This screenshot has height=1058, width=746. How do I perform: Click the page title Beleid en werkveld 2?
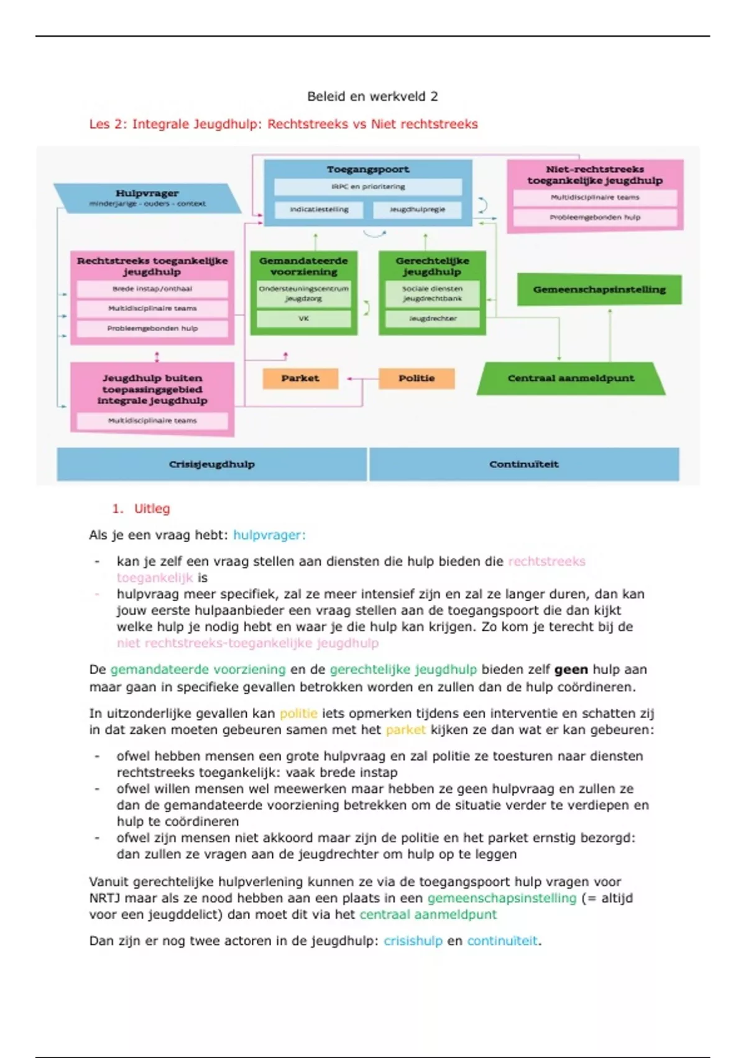372,96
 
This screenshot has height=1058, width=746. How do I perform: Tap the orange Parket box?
300,378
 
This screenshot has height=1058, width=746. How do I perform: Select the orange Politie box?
417,378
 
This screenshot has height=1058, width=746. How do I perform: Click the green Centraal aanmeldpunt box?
571,378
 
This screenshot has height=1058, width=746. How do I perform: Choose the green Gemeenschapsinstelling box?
599,289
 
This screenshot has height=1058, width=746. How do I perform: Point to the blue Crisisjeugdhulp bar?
212,464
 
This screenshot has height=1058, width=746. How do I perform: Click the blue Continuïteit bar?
524,464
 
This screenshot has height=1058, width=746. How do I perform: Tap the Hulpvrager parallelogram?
147,197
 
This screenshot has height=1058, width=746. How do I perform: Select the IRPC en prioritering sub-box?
368,187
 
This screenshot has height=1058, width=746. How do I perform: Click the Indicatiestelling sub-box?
319,210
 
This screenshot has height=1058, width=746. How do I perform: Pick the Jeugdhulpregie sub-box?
417,210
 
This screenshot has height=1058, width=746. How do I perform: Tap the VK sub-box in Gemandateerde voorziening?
303,319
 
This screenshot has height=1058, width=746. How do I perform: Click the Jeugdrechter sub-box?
433,319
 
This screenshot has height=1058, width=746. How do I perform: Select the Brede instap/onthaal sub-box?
152,289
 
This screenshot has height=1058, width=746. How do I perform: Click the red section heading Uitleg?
152,508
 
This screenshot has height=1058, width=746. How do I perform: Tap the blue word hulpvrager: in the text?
269,535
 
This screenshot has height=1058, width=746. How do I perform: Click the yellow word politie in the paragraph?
298,713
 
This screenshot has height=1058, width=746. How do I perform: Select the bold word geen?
571,670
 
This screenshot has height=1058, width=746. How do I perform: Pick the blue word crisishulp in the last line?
413,940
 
